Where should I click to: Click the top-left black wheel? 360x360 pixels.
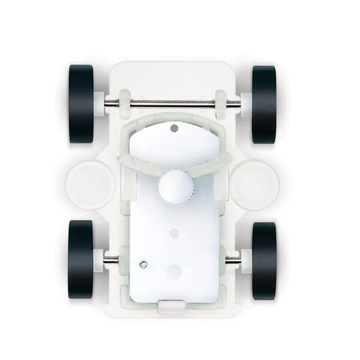82,103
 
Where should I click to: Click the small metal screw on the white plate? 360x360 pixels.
143,264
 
